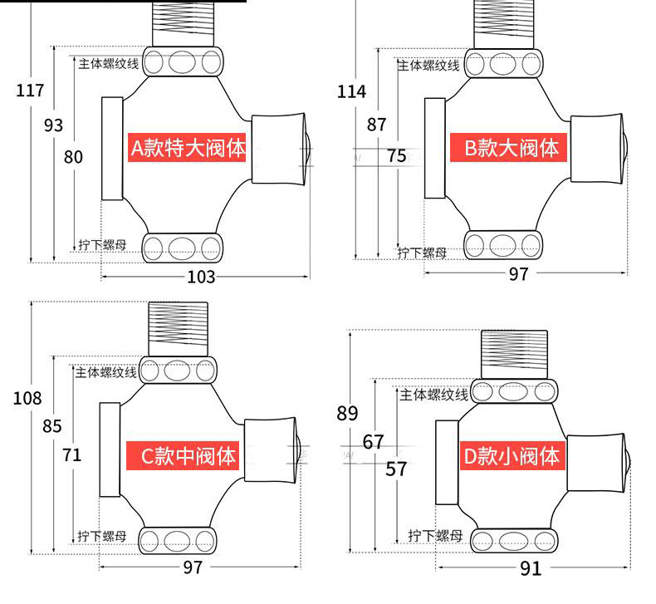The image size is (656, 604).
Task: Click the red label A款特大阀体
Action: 188,148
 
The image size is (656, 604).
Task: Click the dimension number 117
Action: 30,91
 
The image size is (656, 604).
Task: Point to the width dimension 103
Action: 201,277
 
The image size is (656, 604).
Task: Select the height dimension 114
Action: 351,91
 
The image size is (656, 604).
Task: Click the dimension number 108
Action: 27,398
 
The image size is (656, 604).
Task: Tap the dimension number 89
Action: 348,413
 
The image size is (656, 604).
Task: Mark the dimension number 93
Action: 53,125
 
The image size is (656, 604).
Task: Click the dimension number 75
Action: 397,155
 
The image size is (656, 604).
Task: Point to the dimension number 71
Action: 73,454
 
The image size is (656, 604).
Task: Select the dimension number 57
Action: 397,469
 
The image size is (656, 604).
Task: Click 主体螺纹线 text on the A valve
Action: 108,62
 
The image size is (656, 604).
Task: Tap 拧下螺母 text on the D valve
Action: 435,536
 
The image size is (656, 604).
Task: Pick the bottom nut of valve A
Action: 184,248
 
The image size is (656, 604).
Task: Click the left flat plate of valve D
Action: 448,463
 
